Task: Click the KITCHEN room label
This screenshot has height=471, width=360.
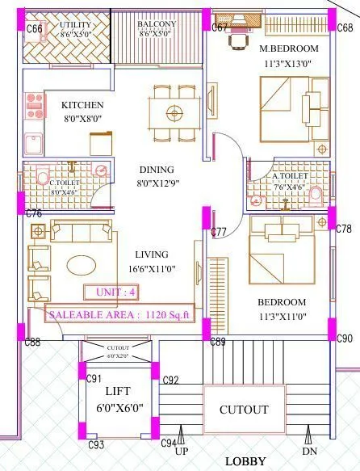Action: pos(82,105)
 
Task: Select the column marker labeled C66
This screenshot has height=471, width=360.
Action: pos(34,29)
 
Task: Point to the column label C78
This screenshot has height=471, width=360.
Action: pos(344,229)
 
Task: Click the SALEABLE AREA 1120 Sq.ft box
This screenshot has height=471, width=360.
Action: pos(121,314)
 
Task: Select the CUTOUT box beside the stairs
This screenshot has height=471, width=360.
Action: pos(244,410)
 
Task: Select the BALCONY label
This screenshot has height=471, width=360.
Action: pos(157,25)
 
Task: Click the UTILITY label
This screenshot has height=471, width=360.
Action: pos(75,25)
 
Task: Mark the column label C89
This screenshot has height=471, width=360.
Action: pos(217,343)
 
